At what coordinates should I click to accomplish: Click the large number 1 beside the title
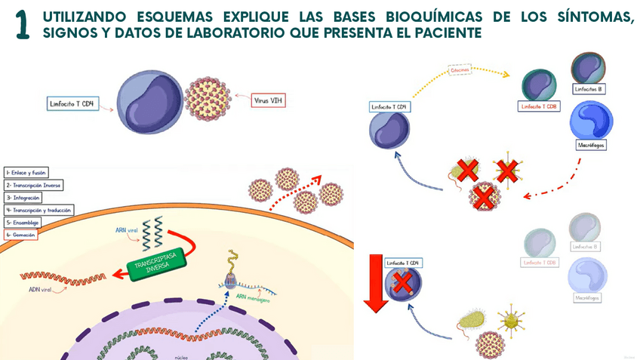coord(22,25)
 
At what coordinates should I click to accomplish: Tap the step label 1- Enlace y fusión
coord(25,172)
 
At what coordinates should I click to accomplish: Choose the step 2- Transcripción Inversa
coord(33,185)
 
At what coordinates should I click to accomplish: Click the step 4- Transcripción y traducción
coord(35,210)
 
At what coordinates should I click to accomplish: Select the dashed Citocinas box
coord(460,70)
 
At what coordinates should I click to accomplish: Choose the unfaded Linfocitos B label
coord(589,89)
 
